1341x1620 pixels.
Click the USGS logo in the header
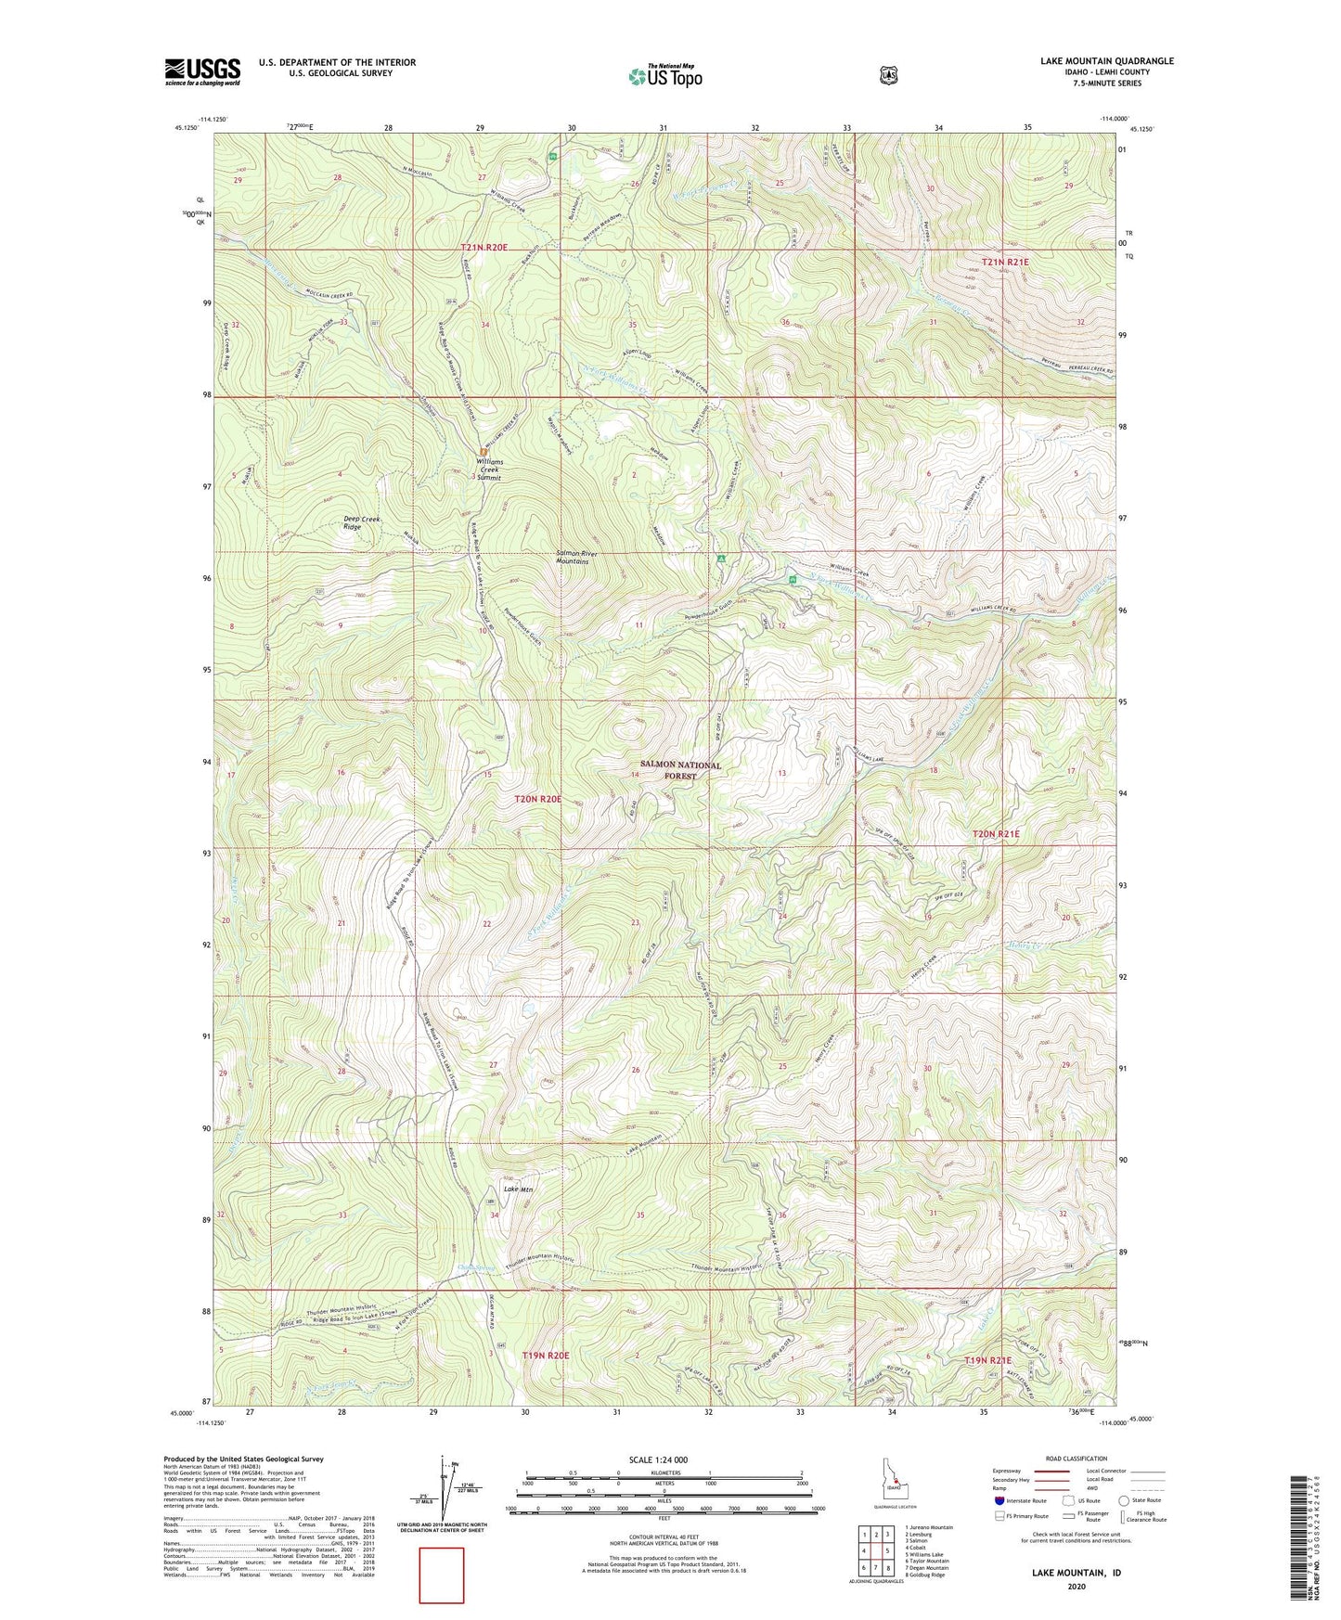pos(202,71)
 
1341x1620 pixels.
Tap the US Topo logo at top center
pos(664,76)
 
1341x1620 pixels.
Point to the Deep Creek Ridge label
pos(352,522)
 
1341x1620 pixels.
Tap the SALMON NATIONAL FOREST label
pos(679,771)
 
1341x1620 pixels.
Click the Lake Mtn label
pos(519,1189)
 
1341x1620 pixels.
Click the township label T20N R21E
pos(995,834)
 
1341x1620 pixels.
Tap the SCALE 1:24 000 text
pos(658,1459)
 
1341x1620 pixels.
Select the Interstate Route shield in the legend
pos(999,1500)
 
